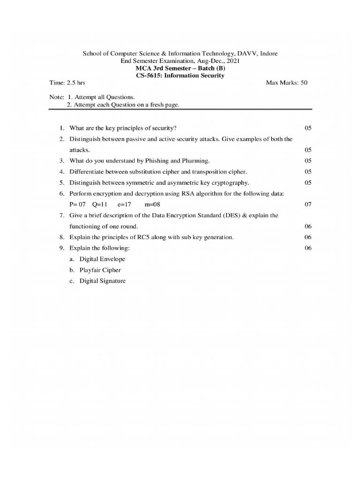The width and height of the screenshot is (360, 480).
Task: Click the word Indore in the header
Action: pyautogui.click(x=268, y=53)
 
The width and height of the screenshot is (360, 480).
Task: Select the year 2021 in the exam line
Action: pyautogui.click(x=233, y=61)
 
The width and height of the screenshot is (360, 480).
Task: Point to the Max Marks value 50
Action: pyautogui.click(x=304, y=82)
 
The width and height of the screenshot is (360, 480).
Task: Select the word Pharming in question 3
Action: pyautogui.click(x=195, y=161)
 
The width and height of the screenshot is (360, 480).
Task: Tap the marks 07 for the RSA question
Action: pyautogui.click(x=308, y=204)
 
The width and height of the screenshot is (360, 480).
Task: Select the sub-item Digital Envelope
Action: pyautogui.click(x=102, y=259)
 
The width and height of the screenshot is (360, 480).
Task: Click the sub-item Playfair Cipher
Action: pyautogui.click(x=100, y=270)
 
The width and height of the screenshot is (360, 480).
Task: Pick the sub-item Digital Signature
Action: pyautogui.click(x=103, y=281)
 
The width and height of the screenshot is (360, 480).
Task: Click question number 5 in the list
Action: pyautogui.click(x=61, y=183)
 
